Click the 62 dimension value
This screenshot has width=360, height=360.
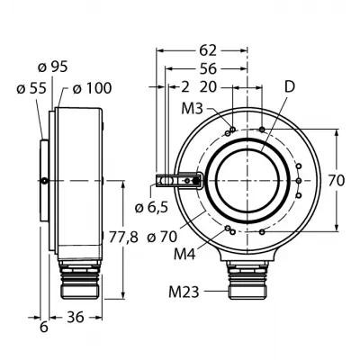[x=208, y=50]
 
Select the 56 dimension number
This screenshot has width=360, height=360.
[x=208, y=68]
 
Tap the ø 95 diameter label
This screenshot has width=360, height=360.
[x=53, y=67]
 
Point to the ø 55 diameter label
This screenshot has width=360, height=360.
[x=31, y=88]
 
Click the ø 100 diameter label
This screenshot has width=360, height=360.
[x=92, y=88]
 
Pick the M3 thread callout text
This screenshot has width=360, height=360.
[x=193, y=110]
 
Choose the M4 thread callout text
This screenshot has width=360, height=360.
[x=184, y=255]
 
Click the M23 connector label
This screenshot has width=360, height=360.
[x=184, y=292]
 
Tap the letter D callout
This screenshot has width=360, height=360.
[x=290, y=87]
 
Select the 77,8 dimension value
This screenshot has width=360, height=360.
[x=123, y=238]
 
